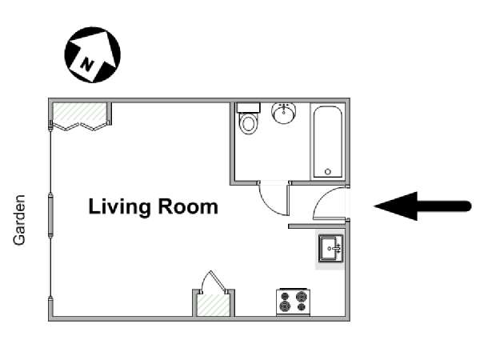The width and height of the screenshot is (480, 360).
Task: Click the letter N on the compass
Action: click(x=87, y=65)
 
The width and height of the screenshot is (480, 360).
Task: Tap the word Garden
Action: click(x=19, y=220)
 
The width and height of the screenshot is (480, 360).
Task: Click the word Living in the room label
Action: click(x=120, y=207)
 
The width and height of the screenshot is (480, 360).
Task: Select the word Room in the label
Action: click(x=188, y=206)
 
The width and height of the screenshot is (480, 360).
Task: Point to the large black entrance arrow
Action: click(x=422, y=206)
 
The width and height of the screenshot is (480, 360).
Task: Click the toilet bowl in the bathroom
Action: click(x=249, y=123)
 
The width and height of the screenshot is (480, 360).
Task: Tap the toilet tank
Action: click(x=248, y=108)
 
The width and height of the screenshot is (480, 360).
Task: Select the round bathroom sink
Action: click(x=284, y=113)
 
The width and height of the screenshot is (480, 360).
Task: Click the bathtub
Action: click(x=328, y=142)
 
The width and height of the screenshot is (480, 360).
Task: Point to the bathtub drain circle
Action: click(x=328, y=172)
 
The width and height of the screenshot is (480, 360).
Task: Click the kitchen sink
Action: click(x=330, y=248)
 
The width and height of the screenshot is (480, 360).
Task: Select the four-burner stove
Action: click(x=294, y=302)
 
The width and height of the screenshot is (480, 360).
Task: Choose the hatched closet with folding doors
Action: click(x=79, y=113)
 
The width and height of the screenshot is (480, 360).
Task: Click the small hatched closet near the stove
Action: click(x=214, y=305)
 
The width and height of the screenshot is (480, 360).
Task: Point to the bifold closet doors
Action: click(x=80, y=126)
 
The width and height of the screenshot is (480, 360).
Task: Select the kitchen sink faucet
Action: click(x=337, y=248)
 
